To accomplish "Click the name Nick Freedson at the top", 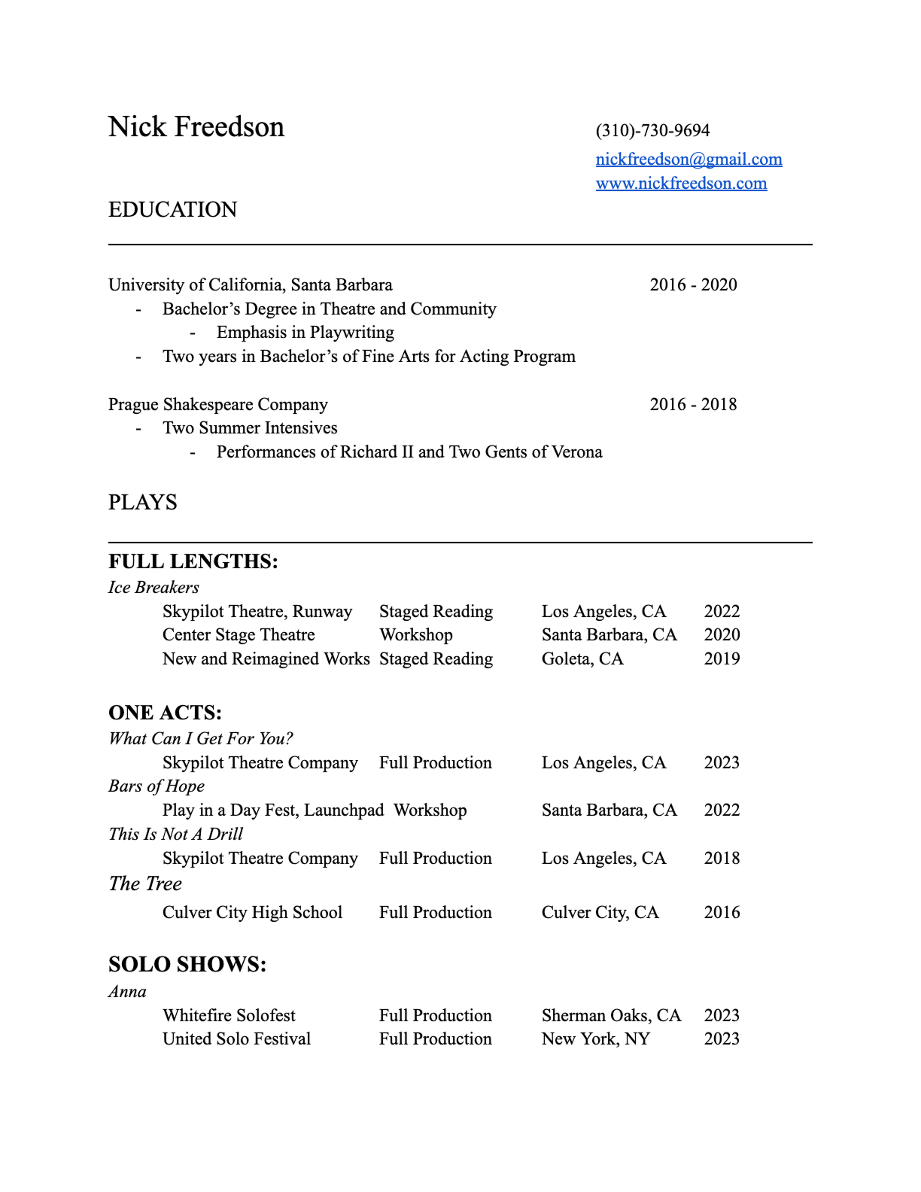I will (196, 127).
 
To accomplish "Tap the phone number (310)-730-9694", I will (652, 131).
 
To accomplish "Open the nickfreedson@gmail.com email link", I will (688, 160).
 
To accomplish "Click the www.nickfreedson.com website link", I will (681, 184).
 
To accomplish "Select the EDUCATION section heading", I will (172, 210).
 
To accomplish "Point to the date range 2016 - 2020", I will (693, 285).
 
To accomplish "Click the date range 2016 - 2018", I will (693, 405).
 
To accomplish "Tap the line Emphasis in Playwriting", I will (305, 333).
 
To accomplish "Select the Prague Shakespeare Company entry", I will (218, 405).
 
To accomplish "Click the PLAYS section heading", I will (143, 503).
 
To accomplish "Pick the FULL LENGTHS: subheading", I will (193, 562).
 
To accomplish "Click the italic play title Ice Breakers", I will (153, 588).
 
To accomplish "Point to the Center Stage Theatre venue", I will (239, 635).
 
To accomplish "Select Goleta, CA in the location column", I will (582, 659).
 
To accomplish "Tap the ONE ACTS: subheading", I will (165, 713).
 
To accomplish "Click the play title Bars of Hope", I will (157, 786).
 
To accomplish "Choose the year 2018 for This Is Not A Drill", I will (722, 859).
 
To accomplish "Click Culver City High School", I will (252, 913).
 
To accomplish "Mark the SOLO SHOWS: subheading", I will (187, 965).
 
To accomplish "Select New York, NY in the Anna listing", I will (595, 1039).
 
